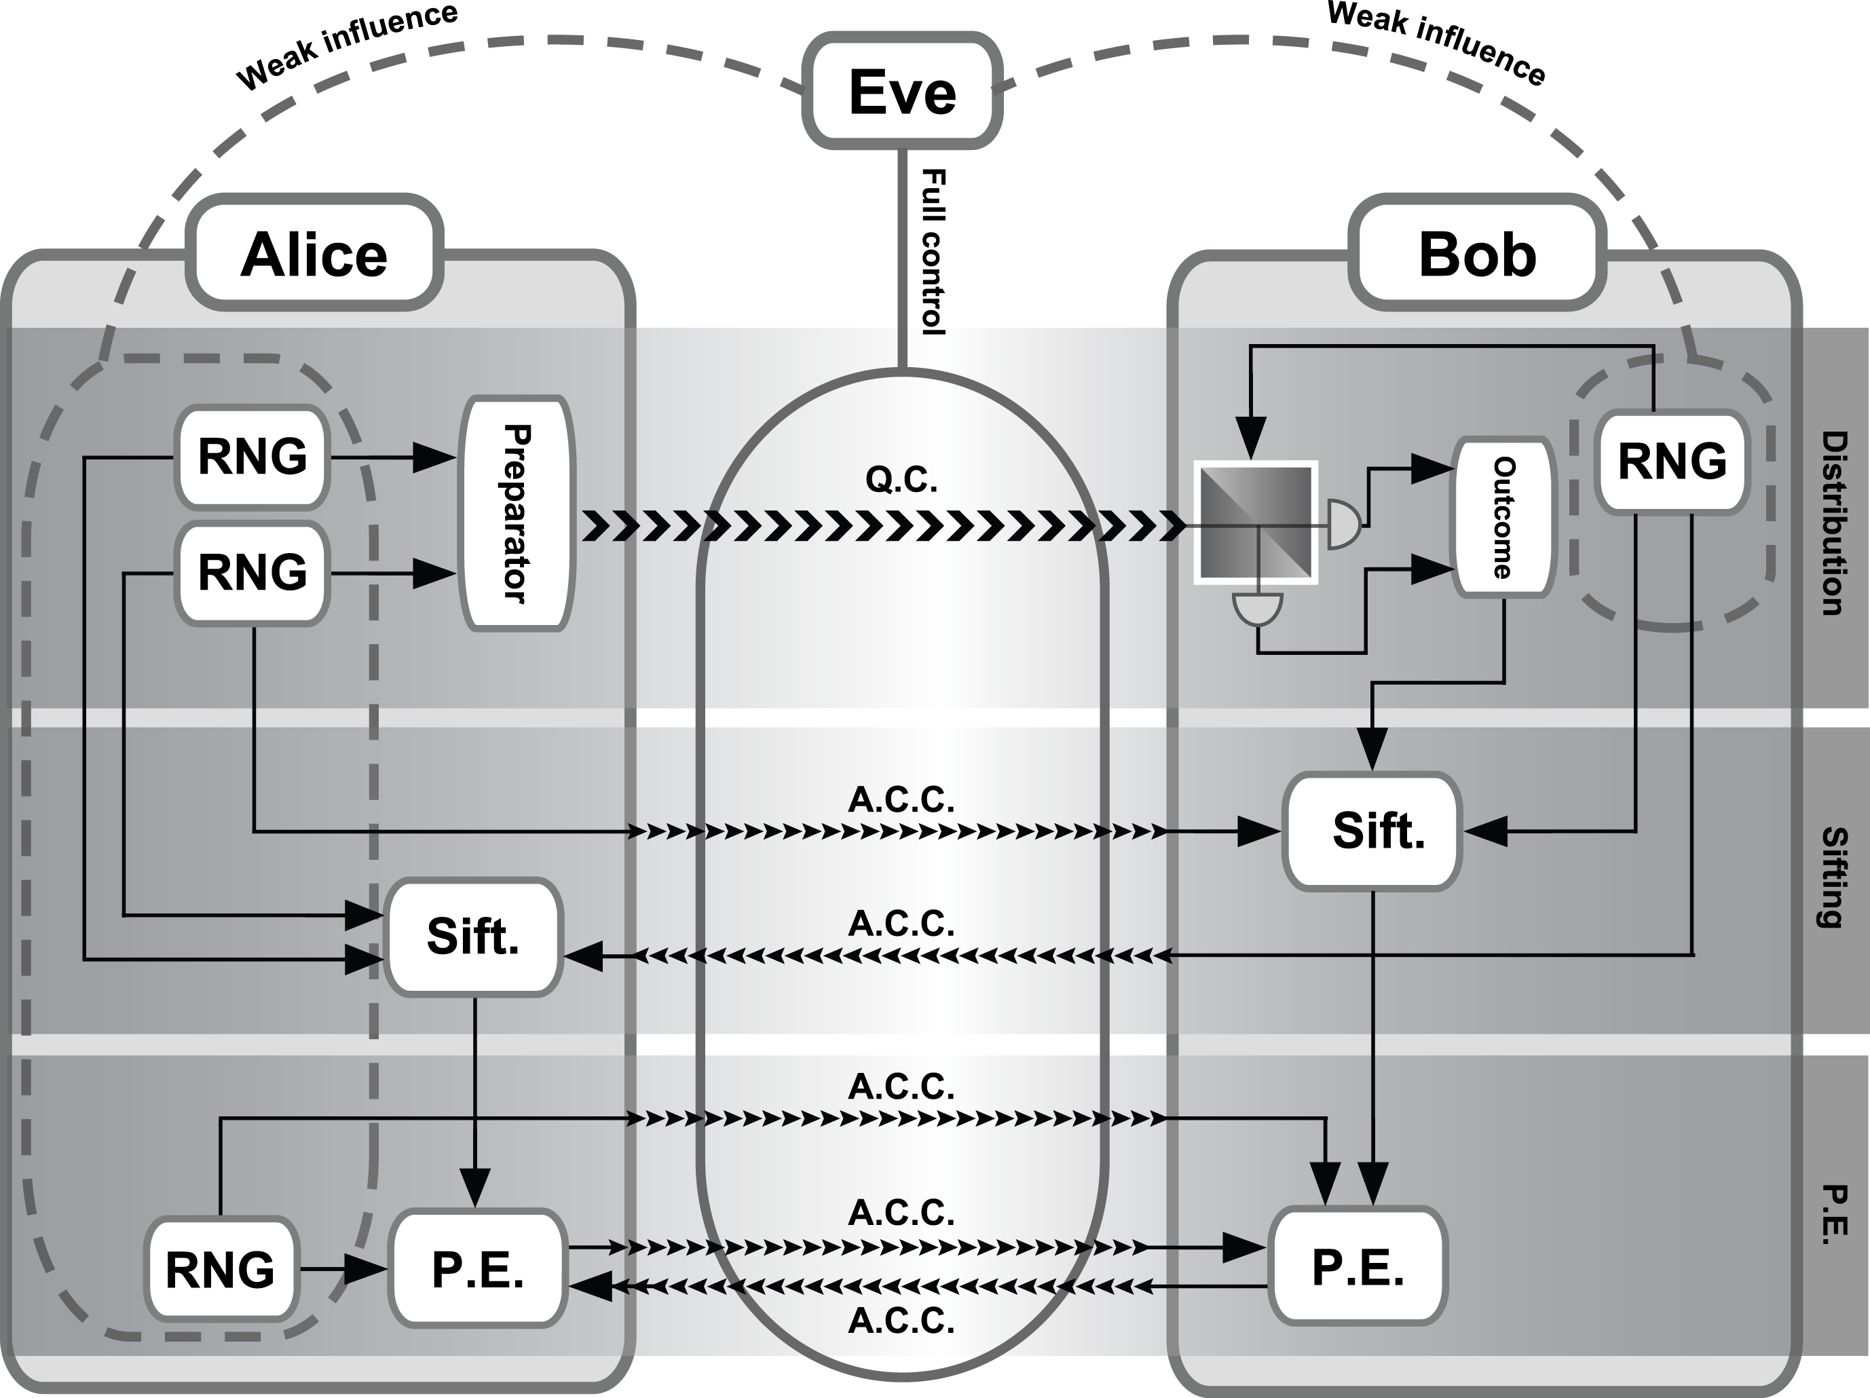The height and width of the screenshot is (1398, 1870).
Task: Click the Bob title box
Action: coord(1476,254)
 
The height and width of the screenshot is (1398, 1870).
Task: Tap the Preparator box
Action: coord(517,513)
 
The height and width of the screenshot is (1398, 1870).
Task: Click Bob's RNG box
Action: coord(1671,461)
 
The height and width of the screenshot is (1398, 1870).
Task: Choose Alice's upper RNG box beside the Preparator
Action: coord(252,457)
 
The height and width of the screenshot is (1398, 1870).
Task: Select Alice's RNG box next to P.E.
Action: coord(220,1268)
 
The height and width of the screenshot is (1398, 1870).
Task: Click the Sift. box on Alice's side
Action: coord(473,937)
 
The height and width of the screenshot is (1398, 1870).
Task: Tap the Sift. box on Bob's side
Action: coord(1372,831)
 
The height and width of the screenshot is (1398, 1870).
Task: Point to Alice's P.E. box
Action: coord(478,1268)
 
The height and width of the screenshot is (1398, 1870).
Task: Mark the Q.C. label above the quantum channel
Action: coord(901,480)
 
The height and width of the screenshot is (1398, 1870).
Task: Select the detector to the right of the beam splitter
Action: coord(1343,524)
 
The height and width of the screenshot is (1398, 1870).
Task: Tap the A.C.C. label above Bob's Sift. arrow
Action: coord(901,799)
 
